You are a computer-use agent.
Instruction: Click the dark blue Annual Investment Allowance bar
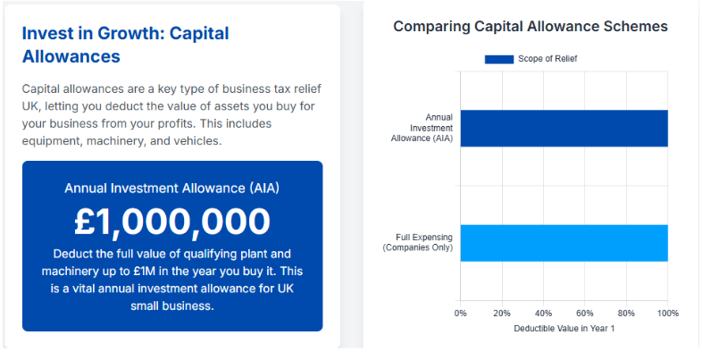pos(564,128)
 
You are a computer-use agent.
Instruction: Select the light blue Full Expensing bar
pos(564,243)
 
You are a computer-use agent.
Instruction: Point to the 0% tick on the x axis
pos(460,314)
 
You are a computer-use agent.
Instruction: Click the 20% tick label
pos(502,314)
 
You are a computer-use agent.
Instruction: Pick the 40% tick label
pos(543,314)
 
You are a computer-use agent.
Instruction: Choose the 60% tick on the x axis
pos(585,314)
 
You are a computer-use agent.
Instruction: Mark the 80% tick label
pos(626,314)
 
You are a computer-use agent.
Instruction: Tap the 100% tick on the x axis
pos(667,314)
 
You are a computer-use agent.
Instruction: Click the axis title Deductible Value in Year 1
pos(564,329)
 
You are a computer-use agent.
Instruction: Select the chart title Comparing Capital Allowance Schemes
pos(531,27)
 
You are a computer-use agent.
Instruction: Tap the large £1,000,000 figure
pos(172,222)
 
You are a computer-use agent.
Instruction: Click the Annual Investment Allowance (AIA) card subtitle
pos(172,188)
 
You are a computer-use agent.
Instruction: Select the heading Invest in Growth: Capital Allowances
pos(125,45)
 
